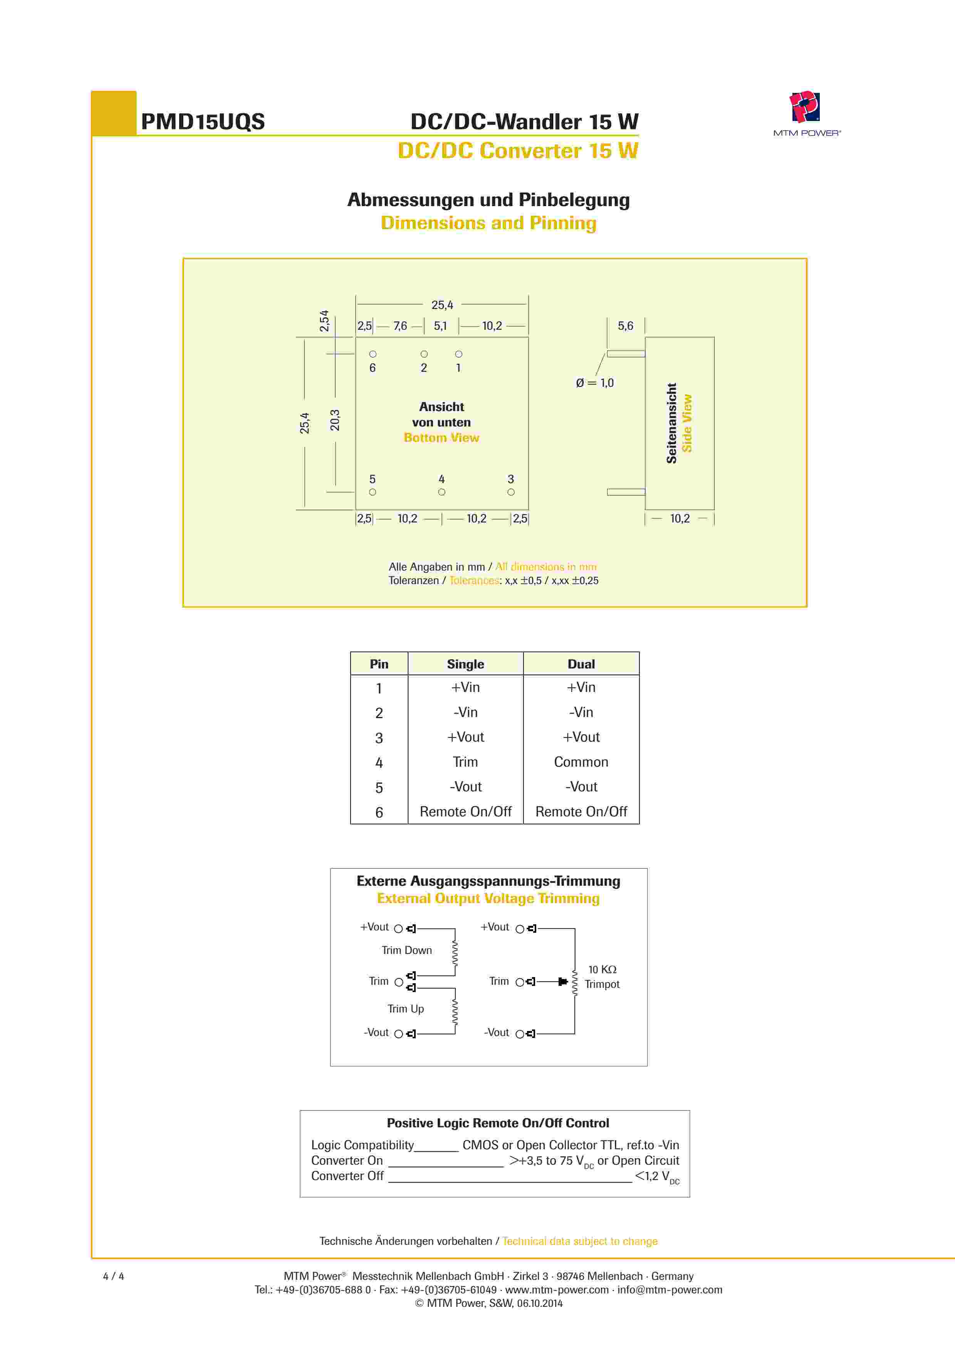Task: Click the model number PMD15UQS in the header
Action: click(x=203, y=122)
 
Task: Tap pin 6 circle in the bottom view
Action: click(x=373, y=354)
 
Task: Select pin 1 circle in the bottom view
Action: click(x=459, y=354)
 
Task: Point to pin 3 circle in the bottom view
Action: click(x=511, y=492)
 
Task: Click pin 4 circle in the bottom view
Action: click(x=441, y=492)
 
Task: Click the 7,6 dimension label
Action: click(x=400, y=326)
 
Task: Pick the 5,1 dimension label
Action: click(x=440, y=326)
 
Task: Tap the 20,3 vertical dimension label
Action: click(x=335, y=420)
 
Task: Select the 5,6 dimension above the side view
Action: click(x=625, y=326)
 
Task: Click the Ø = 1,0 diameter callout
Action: click(x=594, y=383)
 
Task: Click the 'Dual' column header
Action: click(x=581, y=664)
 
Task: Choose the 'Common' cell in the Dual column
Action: click(x=581, y=762)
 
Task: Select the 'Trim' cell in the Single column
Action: click(x=465, y=762)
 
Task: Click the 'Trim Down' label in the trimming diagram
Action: click(x=406, y=950)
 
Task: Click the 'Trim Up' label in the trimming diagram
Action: click(x=405, y=1008)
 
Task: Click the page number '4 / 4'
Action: click(x=114, y=1276)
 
